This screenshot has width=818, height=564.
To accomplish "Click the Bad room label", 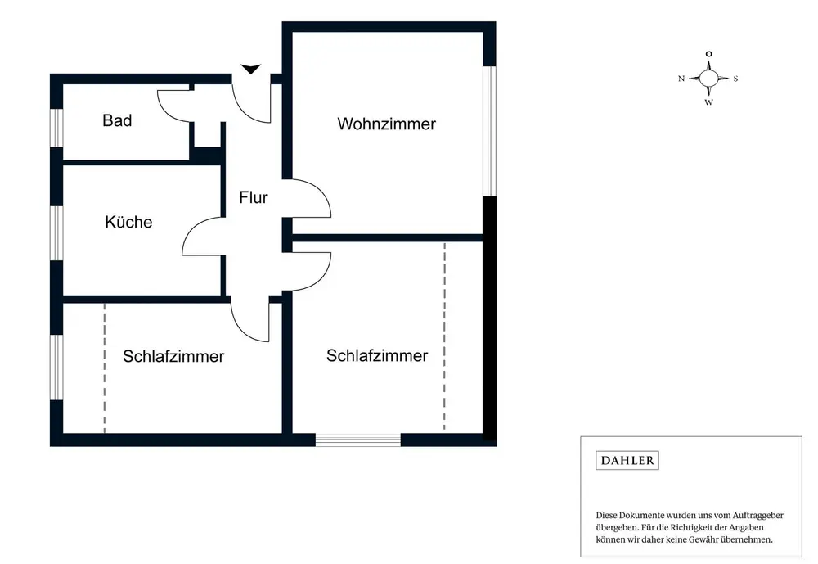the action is pyautogui.click(x=117, y=120).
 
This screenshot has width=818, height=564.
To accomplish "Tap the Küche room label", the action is pyautogui.click(x=128, y=222).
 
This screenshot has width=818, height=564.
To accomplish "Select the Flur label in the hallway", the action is pyautogui.click(x=254, y=197).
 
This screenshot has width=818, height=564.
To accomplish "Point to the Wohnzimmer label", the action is pyautogui.click(x=386, y=124).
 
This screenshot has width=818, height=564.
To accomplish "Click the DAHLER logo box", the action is pyautogui.click(x=627, y=460).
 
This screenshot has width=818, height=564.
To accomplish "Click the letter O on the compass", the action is pyautogui.click(x=708, y=54).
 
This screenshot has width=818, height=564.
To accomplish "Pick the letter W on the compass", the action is pyautogui.click(x=709, y=102).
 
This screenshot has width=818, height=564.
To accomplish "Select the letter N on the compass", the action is pyautogui.click(x=681, y=79).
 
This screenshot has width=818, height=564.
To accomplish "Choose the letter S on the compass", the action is pyautogui.click(x=735, y=79).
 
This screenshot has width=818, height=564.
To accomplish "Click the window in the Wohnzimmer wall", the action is pyautogui.click(x=489, y=131).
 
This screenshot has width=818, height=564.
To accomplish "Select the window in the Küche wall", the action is pyautogui.click(x=56, y=232).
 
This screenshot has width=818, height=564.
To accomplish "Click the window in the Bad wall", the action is pyautogui.click(x=56, y=128).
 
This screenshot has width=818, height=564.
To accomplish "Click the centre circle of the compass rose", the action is pyautogui.click(x=708, y=78).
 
